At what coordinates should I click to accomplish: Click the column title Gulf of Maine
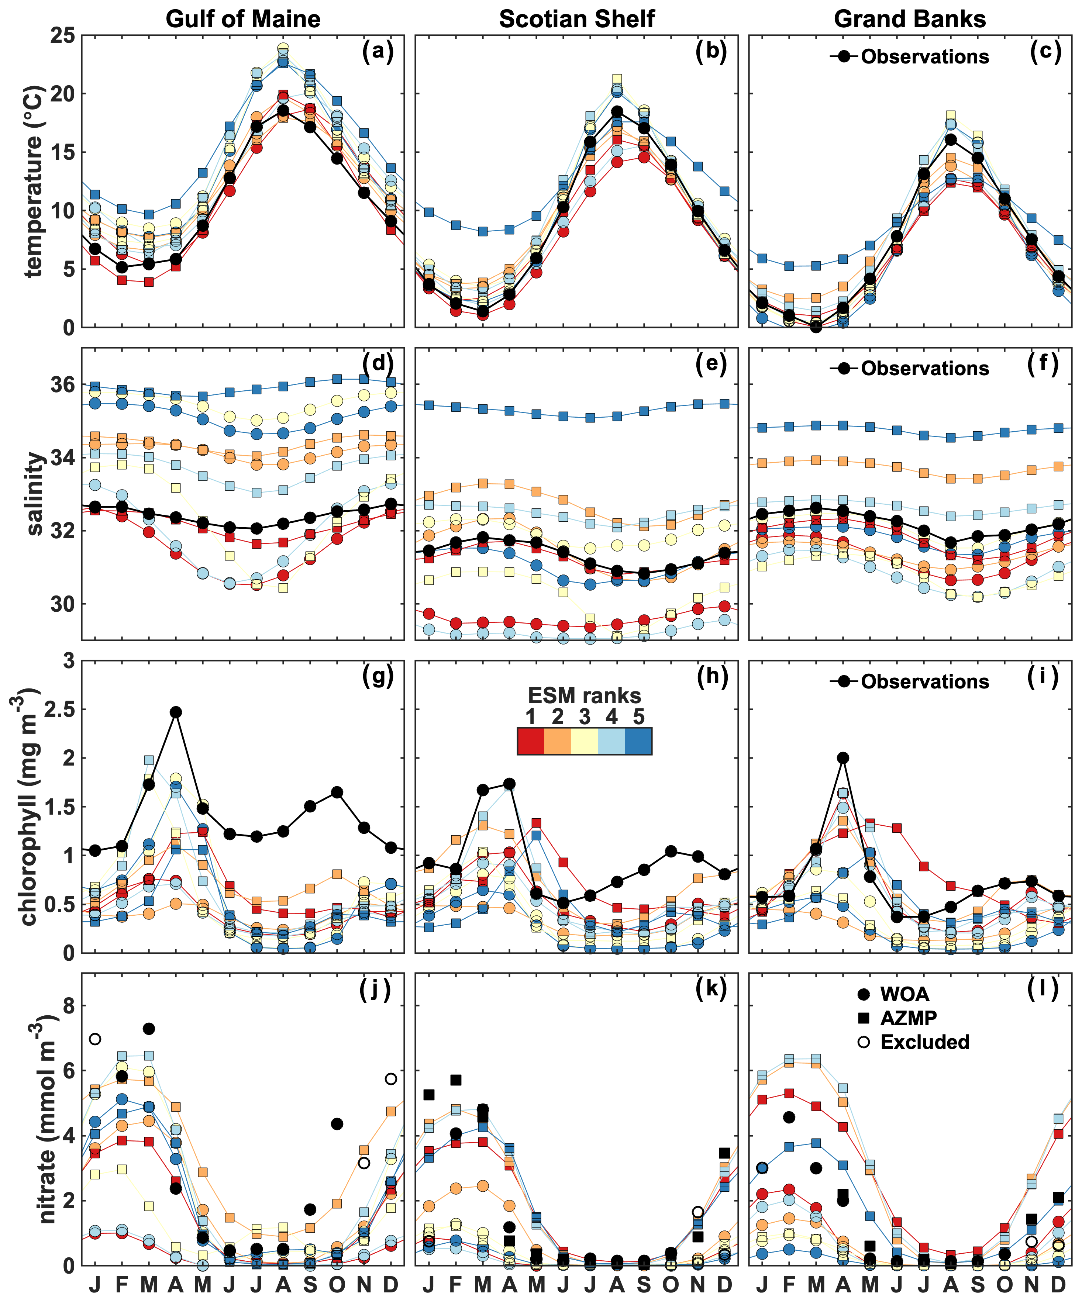click(243, 19)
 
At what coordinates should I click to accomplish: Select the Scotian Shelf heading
click(577, 19)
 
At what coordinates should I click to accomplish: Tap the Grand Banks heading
click(910, 19)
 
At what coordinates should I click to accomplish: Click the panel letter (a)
click(378, 51)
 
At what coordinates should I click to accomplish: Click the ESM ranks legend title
click(584, 695)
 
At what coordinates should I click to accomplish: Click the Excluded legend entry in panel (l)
click(924, 1042)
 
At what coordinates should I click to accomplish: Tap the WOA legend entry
click(904, 994)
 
